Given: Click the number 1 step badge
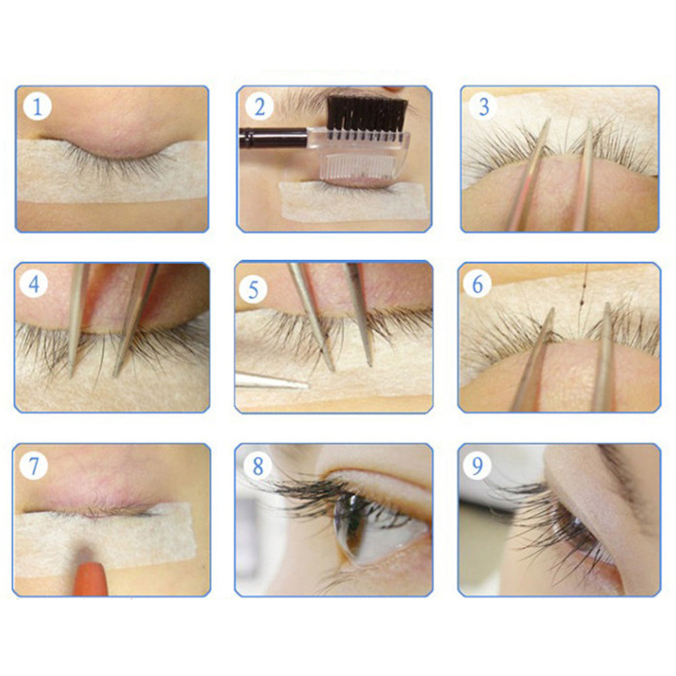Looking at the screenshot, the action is [x=37, y=106].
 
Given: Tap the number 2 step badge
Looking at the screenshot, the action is [x=259, y=106].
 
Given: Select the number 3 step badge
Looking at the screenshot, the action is [x=484, y=106].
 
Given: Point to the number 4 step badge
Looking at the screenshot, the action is [x=34, y=284].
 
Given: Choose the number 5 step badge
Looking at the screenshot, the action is [x=253, y=289].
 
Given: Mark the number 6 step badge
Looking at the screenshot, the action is [x=477, y=284].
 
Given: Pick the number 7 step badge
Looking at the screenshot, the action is [x=34, y=465].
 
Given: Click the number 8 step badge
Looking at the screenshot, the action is [x=257, y=465].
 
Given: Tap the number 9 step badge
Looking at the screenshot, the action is [x=477, y=465].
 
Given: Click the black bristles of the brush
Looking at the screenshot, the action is [x=367, y=113].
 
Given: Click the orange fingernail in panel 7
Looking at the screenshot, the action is [x=90, y=578].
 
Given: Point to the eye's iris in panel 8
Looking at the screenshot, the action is [x=350, y=524].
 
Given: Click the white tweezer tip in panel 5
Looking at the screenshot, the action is [x=271, y=380].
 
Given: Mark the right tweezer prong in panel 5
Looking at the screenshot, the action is [x=360, y=315].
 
